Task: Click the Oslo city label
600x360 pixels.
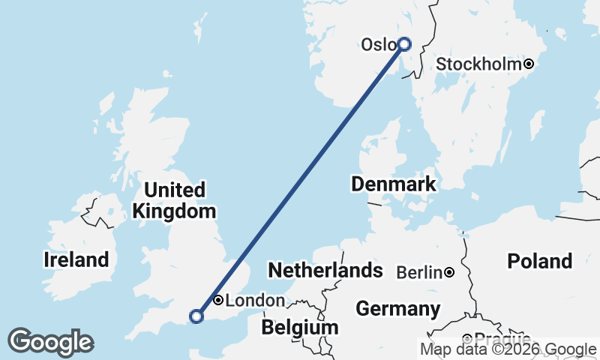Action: click(x=377, y=45)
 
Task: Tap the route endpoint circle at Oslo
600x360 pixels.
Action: click(x=404, y=44)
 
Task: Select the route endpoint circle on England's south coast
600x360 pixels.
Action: click(x=196, y=316)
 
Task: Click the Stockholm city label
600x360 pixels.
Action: click(x=478, y=64)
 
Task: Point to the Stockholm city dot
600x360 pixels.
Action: click(x=529, y=64)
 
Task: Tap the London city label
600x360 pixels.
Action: click(x=255, y=301)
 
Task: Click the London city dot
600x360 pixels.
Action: click(x=217, y=300)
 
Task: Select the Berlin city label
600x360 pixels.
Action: click(x=419, y=272)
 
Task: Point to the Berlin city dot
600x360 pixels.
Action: click(x=448, y=272)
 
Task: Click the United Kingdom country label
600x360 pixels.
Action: click(x=175, y=200)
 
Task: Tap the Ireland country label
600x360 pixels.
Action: click(x=76, y=260)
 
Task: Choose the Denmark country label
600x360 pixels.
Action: click(x=393, y=184)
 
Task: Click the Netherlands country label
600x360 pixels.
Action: click(x=325, y=270)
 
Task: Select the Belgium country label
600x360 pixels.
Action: click(x=300, y=328)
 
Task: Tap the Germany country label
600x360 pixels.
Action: click(x=397, y=308)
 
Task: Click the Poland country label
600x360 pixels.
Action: click(x=539, y=261)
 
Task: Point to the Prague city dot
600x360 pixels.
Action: click(x=466, y=338)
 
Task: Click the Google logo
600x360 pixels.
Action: click(x=50, y=342)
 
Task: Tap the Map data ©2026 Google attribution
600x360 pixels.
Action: click(x=508, y=349)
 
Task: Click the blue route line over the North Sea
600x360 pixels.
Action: click(x=300, y=180)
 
